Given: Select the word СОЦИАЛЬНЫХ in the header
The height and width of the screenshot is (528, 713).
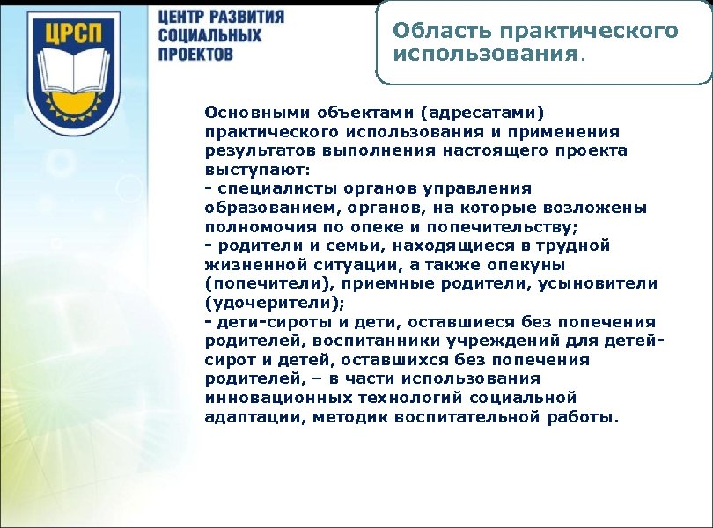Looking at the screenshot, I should pos(210,36).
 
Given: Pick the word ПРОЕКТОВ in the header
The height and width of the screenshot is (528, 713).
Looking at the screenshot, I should pos(196,55).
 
